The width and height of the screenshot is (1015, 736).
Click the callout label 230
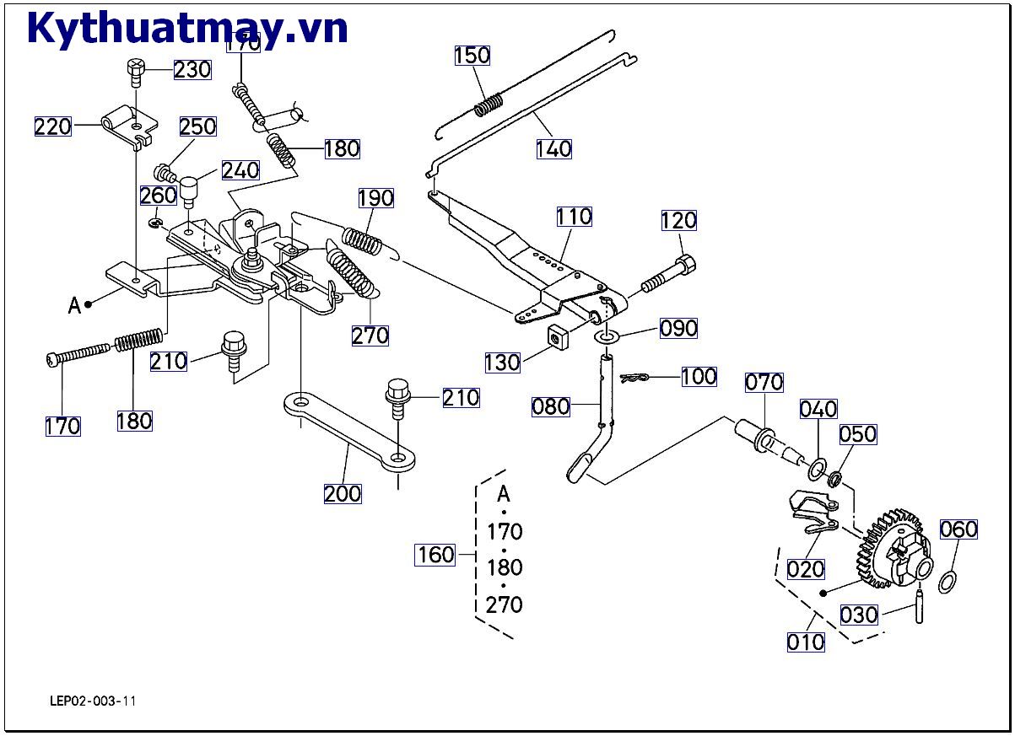click(192, 69)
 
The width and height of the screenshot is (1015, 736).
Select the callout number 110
click(574, 217)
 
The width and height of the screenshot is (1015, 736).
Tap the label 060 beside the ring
click(958, 529)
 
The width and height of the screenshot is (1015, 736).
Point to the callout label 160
click(435, 555)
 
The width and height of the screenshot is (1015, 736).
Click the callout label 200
click(343, 493)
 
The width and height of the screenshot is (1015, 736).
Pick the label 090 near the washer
click(678, 328)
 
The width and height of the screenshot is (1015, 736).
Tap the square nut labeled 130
click(555, 335)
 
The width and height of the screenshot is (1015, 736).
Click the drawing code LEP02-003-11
click(93, 701)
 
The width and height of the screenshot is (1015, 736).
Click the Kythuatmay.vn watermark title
click(187, 28)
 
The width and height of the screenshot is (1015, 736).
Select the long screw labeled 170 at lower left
click(80, 352)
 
